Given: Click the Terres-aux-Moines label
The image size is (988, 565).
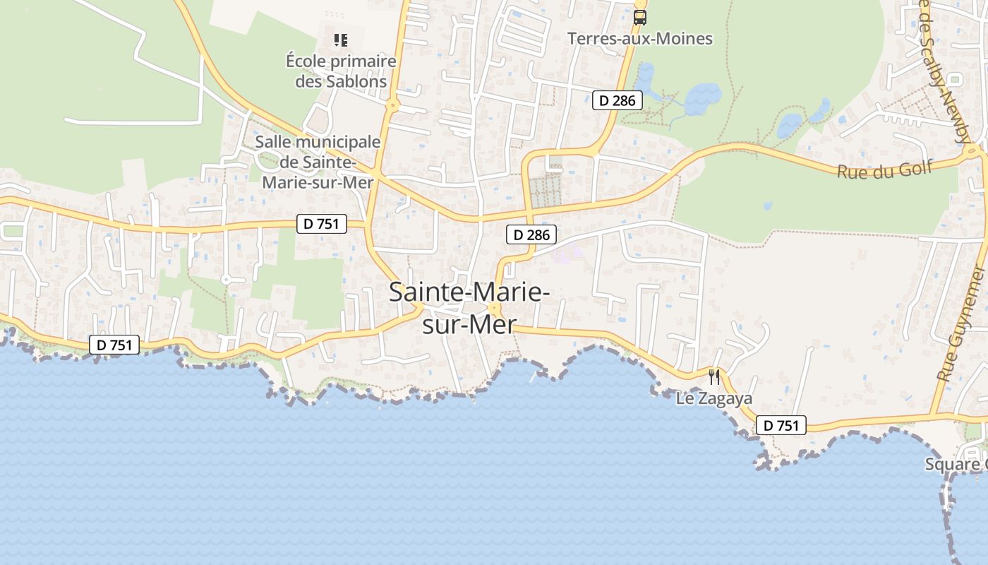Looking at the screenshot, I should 639,39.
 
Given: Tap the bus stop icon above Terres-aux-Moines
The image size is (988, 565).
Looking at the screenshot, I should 640,18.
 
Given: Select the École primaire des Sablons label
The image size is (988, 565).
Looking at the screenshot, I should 341,71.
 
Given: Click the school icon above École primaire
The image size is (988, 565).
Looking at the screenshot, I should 341,40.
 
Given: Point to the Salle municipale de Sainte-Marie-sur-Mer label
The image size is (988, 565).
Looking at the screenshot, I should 318,162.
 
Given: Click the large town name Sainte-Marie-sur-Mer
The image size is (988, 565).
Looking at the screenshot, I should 469,308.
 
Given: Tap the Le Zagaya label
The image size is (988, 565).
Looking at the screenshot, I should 714,398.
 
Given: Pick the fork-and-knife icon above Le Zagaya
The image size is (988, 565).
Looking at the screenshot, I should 714,377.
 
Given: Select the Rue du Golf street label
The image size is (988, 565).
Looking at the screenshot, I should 884,169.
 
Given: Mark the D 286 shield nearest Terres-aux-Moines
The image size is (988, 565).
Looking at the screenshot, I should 617,100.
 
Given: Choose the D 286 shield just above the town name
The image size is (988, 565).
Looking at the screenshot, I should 531,234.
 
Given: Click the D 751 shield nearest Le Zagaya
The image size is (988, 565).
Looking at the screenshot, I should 781,425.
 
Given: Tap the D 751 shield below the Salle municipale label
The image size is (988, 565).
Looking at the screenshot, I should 322,224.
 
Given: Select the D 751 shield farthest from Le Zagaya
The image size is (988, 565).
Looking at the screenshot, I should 114,345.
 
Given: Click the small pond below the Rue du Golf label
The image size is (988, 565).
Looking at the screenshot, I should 768,206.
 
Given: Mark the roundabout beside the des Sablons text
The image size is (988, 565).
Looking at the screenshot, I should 393,106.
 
